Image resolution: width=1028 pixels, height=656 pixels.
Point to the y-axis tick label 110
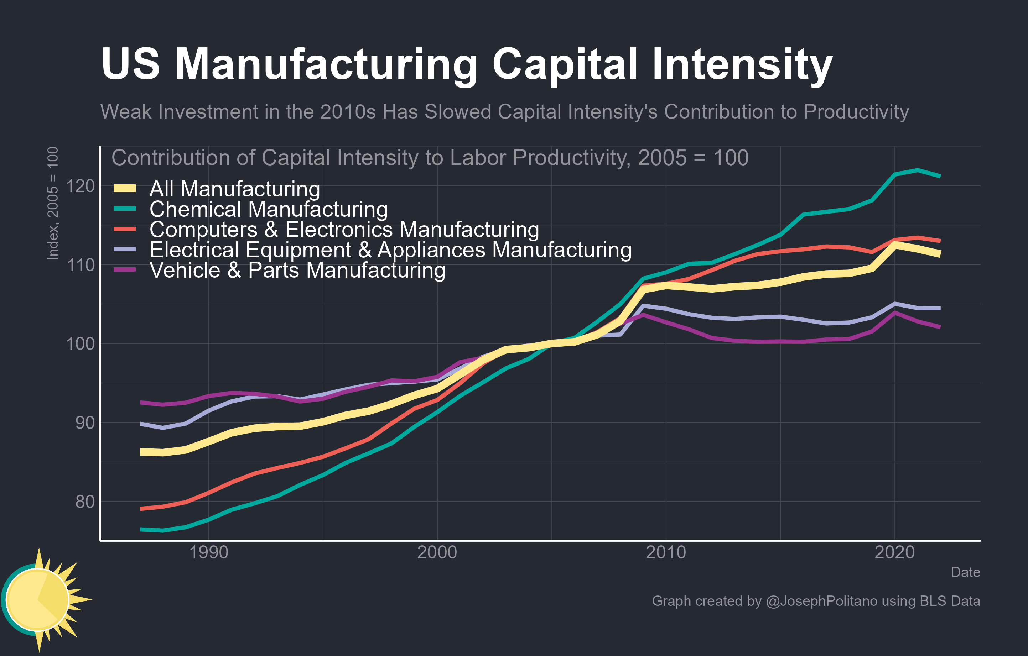(80, 265)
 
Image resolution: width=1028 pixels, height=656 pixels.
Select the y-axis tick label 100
(80, 344)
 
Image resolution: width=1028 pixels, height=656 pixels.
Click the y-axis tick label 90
(84, 423)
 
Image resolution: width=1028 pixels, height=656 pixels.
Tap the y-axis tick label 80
(84, 502)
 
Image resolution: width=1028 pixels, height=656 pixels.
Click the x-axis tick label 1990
(208, 552)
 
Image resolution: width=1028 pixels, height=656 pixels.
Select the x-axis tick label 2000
(437, 552)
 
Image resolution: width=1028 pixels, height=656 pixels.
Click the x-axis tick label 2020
(894, 552)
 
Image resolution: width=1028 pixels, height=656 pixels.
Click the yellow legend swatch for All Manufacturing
(125, 189)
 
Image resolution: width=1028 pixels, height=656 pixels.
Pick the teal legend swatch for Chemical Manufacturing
(125, 209)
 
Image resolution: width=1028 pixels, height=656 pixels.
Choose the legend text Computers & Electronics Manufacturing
(344, 230)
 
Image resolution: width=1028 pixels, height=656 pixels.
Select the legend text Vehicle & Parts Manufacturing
(297, 271)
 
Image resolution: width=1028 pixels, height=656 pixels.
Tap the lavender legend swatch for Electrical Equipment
(125, 250)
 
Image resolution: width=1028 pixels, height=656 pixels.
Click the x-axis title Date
(965, 572)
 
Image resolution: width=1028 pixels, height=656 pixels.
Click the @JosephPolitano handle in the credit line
(822, 601)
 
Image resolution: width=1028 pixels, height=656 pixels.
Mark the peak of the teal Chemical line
(918, 170)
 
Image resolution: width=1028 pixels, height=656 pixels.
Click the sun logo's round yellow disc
(37, 600)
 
